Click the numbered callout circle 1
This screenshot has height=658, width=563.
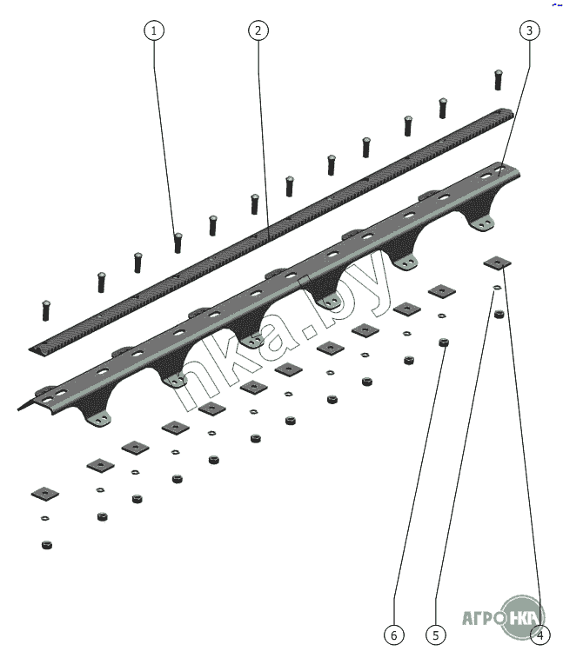click(154, 30)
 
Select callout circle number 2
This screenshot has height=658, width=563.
click(258, 30)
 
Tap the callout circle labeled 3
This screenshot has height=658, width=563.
click(529, 30)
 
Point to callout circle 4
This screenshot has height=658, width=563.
click(540, 635)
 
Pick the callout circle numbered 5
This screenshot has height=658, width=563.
click(436, 635)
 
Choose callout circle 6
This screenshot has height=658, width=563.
click(394, 635)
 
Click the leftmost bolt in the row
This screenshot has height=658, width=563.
click(46, 310)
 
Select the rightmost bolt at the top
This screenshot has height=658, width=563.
click(499, 80)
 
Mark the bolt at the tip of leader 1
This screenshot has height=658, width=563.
click(178, 243)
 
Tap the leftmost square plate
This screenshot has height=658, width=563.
click(45, 494)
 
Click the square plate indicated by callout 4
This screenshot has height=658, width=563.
click(498, 263)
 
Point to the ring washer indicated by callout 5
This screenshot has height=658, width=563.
click(497, 288)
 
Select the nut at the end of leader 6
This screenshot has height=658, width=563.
click(443, 342)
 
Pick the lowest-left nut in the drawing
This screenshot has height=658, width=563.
click(47, 545)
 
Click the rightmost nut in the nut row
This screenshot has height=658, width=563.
click(499, 314)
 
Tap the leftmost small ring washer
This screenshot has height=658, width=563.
click(45, 518)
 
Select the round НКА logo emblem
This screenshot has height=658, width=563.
click(522, 618)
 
